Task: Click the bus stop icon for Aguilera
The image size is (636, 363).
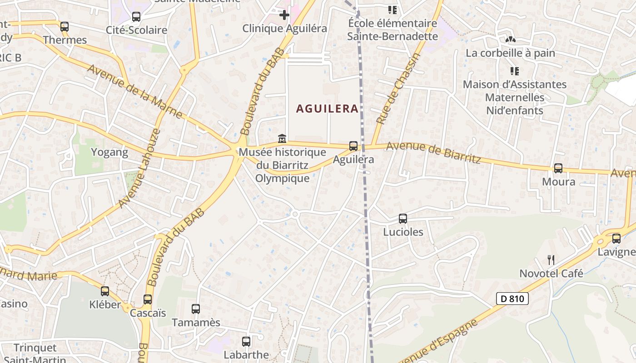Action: pyautogui.click(x=353, y=146)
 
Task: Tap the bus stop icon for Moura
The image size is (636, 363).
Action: pyautogui.click(x=558, y=168)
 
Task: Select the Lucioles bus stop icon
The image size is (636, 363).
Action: pyautogui.click(x=403, y=219)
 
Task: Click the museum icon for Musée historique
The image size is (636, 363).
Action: pyautogui.click(x=282, y=138)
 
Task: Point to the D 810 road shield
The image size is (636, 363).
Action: pyautogui.click(x=512, y=299)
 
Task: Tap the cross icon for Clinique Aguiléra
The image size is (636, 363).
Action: pyautogui.click(x=284, y=15)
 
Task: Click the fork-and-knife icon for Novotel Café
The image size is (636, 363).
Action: pyautogui.click(x=551, y=260)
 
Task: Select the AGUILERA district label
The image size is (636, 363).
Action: pyautogui.click(x=327, y=109)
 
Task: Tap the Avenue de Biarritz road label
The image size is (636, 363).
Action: pyautogui.click(x=433, y=152)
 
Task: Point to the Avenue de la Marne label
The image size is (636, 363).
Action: pyautogui.click(x=135, y=92)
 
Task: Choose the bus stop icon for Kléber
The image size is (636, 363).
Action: pyautogui.click(x=105, y=291)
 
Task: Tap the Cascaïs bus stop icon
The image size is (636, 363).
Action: pyautogui.click(x=148, y=299)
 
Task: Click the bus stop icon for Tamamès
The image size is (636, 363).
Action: pyautogui.click(x=196, y=309)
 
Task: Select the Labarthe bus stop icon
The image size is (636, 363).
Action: pyautogui.click(x=246, y=342)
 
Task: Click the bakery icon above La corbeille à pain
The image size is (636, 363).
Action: pyautogui.click(x=510, y=40)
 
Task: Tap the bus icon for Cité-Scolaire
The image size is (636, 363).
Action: pyautogui.click(x=136, y=17)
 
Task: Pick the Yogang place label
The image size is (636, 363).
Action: pyautogui.click(x=109, y=152)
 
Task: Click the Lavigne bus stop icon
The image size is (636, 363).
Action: pyautogui.click(x=616, y=239)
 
